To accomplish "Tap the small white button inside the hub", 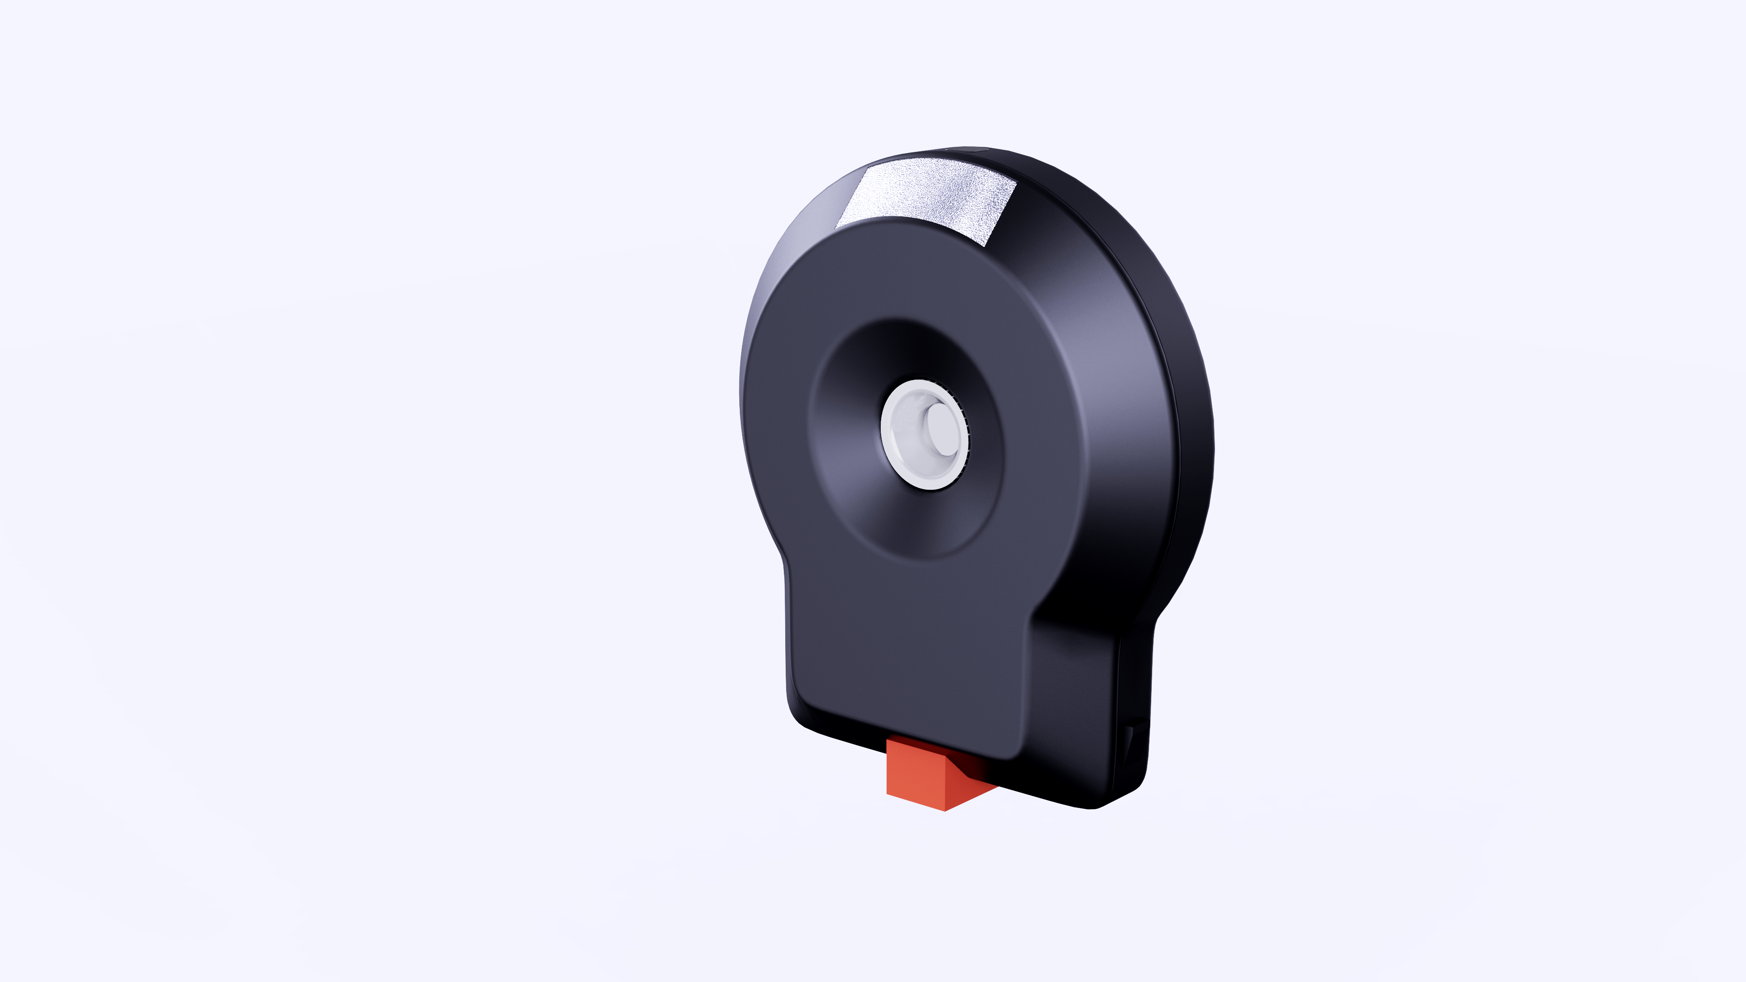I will click(942, 428).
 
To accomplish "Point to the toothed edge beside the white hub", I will click(966, 434).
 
